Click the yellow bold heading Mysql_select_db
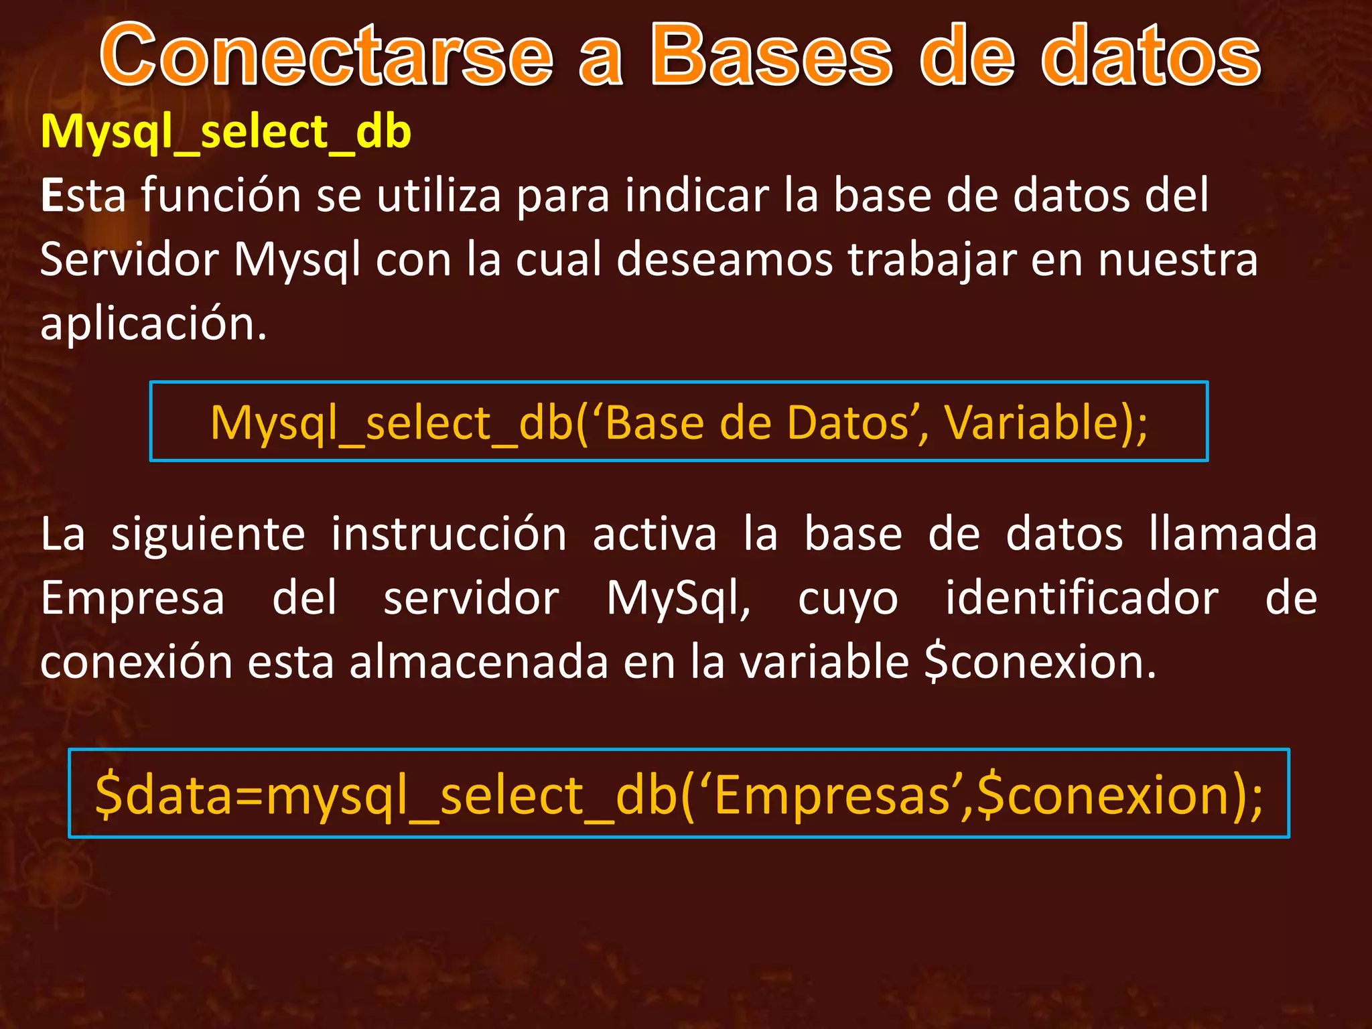226,132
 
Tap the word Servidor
129,259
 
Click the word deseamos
724,259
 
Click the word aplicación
153,324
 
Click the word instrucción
449,534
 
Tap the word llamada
1233,534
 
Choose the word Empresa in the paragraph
133,599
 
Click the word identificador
1081,598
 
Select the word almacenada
478,662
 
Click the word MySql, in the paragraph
678,599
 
